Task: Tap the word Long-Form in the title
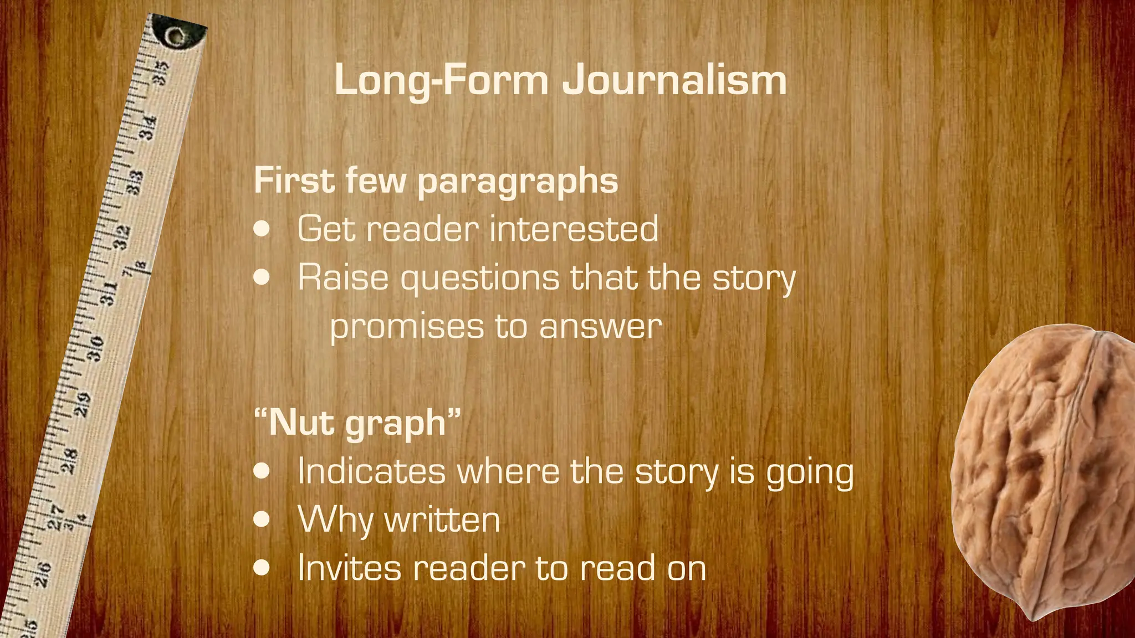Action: [x=441, y=80]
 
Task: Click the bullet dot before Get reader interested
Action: [x=262, y=229]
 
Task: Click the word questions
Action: [x=480, y=277]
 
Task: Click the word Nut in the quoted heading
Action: [x=302, y=423]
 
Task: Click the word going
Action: [x=810, y=472]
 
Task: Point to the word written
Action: [x=442, y=520]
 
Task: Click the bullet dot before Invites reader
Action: [x=262, y=568]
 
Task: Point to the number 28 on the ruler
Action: [x=69, y=461]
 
